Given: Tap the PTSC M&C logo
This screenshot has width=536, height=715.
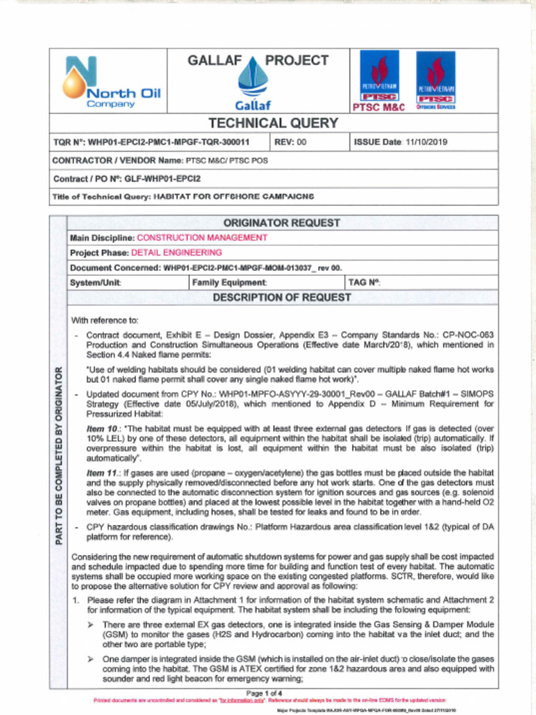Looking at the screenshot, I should click(379, 81).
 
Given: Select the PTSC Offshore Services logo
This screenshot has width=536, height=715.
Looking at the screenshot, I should click(435, 81).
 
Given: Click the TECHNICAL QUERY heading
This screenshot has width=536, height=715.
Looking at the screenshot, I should click(273, 124).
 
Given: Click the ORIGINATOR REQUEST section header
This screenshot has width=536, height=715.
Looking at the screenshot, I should click(282, 223).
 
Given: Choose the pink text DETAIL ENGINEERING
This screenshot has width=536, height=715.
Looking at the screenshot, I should click(177, 253).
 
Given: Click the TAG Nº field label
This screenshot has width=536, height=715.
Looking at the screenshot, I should click(364, 283).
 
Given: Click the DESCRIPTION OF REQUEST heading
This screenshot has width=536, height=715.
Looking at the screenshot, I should click(282, 298).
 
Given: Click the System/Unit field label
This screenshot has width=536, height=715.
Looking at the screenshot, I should click(96, 283).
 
